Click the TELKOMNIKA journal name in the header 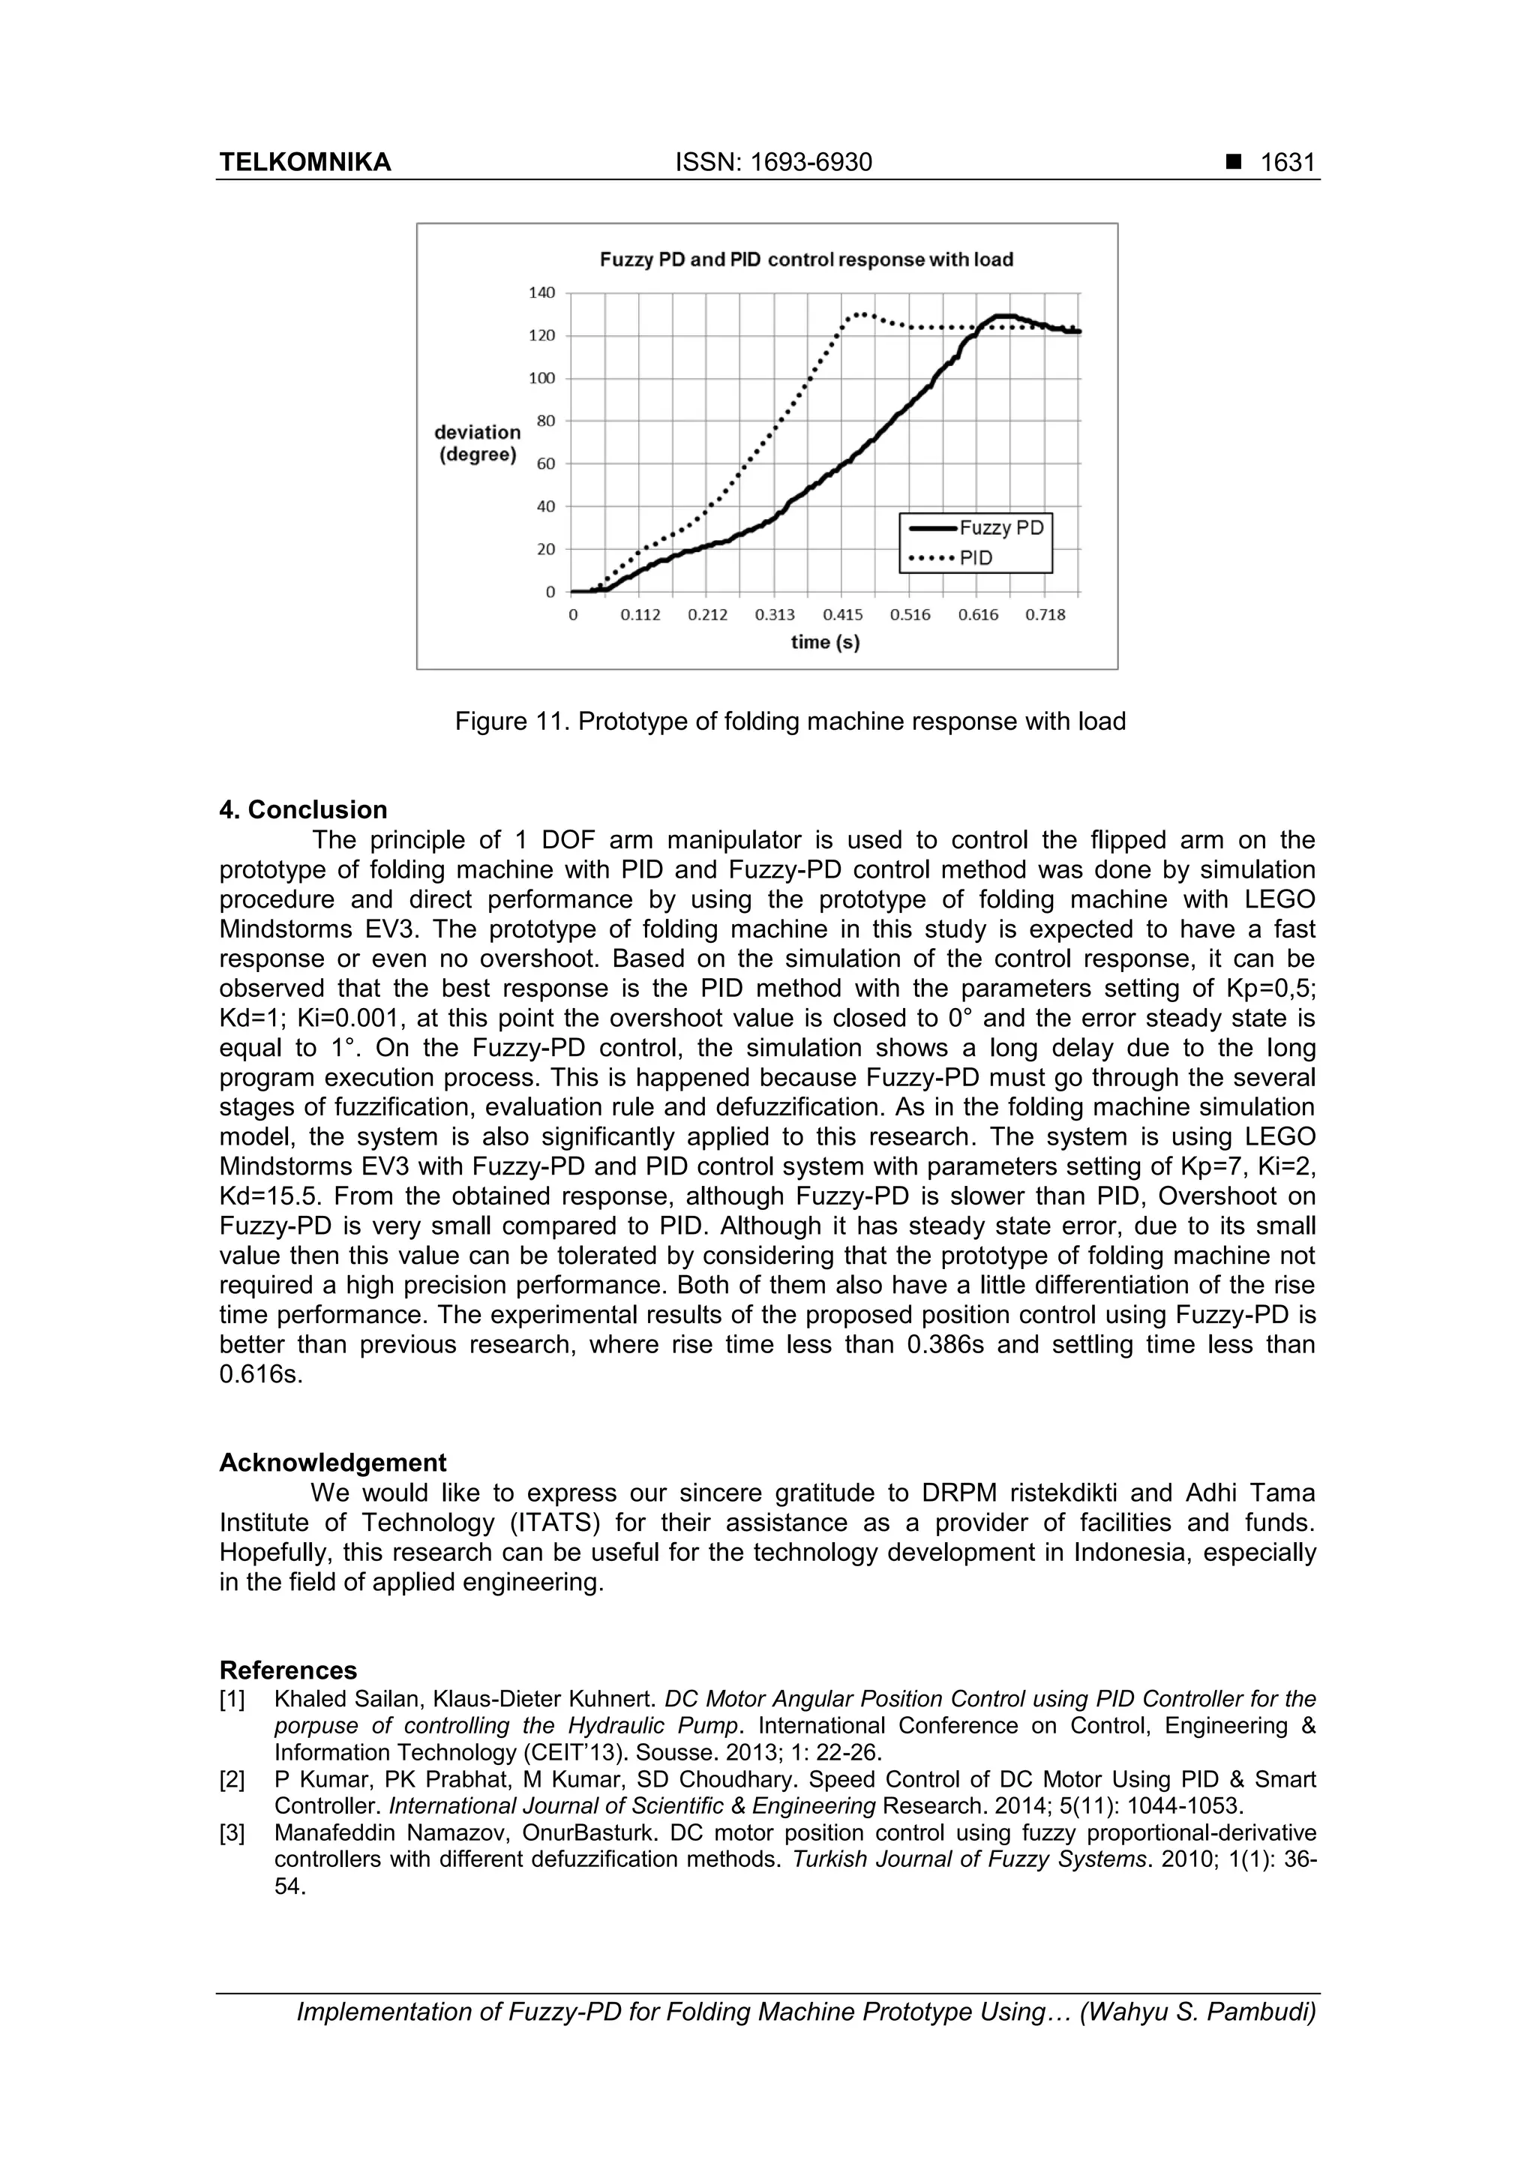[x=304, y=163]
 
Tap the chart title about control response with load [x=806, y=260]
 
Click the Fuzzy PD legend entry [x=1000, y=528]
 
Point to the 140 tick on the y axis [x=542, y=293]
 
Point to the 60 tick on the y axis [x=546, y=464]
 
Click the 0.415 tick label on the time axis [x=842, y=615]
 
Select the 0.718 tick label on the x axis [x=1045, y=615]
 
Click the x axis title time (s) [x=825, y=643]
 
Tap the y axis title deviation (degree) [x=478, y=443]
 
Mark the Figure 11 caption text [x=790, y=722]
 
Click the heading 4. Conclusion [x=303, y=810]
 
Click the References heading [x=289, y=1670]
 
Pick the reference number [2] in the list [x=232, y=1780]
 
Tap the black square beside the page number [x=1233, y=163]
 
